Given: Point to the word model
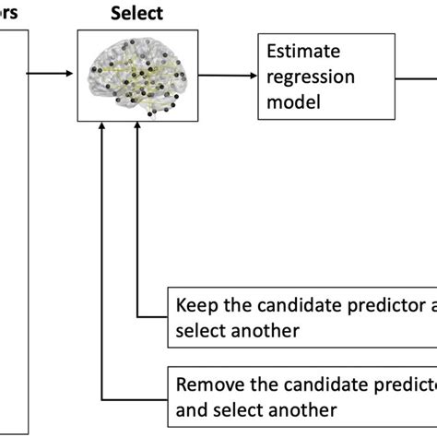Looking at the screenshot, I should (288, 103).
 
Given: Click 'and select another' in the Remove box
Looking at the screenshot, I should (256, 408).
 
